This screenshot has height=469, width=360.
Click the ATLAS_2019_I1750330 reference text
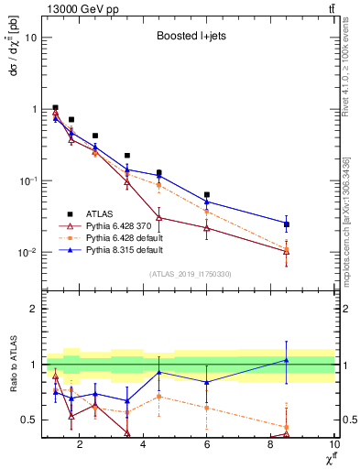(190, 274)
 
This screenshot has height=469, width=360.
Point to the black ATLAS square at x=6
(207, 195)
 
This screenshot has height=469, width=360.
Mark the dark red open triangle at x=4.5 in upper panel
(159, 217)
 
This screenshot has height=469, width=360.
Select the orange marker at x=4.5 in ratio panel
(159, 396)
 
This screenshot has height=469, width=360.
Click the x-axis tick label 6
(207, 445)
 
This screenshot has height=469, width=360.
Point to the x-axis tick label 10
(333, 445)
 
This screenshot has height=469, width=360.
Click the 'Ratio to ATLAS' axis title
(14, 365)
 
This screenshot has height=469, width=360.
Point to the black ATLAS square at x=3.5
(127, 156)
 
